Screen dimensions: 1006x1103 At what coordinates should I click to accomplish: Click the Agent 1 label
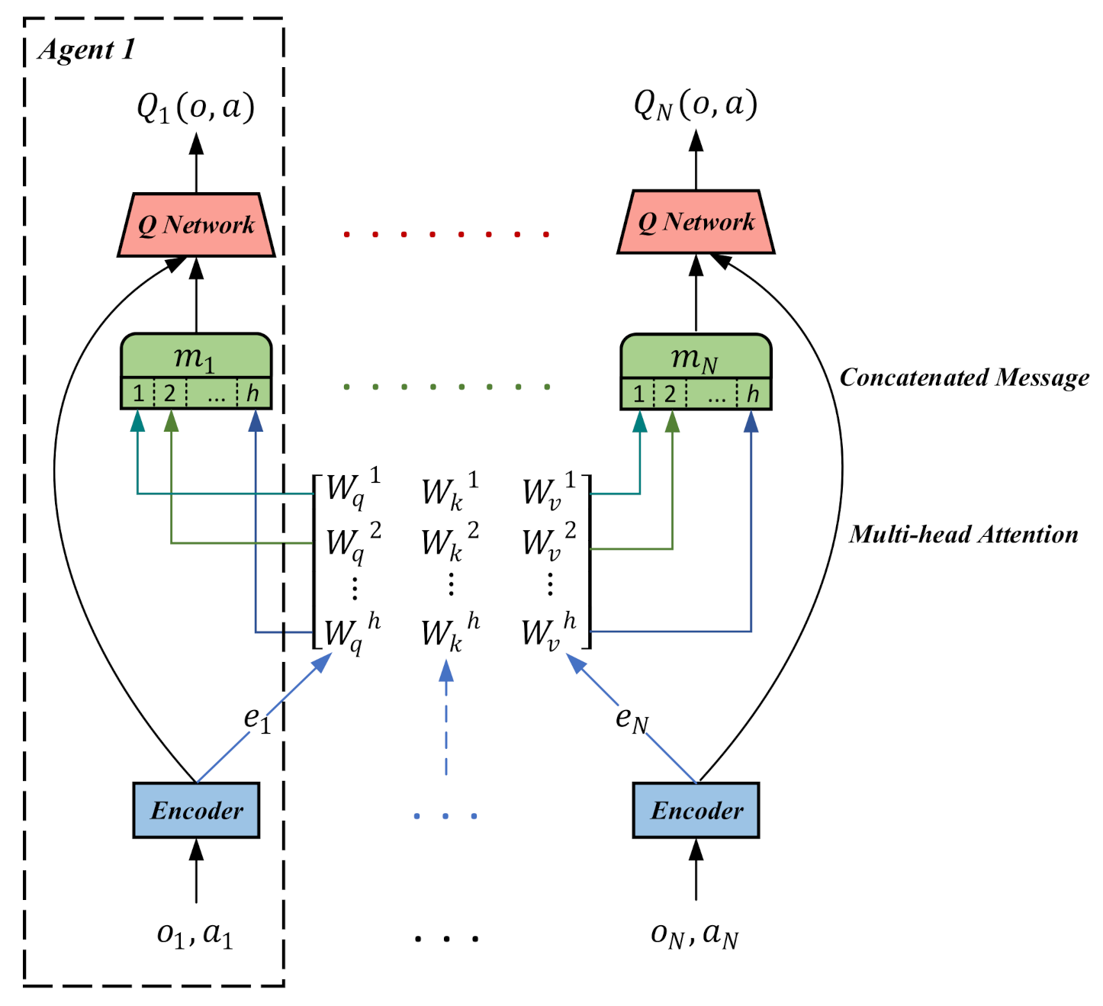(86, 50)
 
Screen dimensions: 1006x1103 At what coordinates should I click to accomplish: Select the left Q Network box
(196, 225)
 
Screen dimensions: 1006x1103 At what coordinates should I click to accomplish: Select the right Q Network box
(696, 222)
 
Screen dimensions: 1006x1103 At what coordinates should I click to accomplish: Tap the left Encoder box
(196, 810)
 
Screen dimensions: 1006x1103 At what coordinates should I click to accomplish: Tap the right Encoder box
(696, 810)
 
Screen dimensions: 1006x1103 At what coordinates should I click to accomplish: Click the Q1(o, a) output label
(195, 107)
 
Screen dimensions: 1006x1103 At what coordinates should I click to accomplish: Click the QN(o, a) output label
(695, 104)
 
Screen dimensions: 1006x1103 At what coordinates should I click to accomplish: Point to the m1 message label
(195, 357)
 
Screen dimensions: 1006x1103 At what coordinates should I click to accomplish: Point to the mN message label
(694, 357)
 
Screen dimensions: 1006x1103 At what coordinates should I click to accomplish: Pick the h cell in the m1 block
(252, 394)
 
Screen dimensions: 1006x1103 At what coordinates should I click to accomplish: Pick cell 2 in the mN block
(670, 394)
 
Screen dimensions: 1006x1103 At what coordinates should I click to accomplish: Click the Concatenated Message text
(964, 378)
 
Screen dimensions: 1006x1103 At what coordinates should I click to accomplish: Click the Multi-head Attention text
(963, 535)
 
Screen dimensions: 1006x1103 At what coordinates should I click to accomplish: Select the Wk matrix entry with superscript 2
(449, 542)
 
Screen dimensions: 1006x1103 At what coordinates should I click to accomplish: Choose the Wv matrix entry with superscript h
(548, 632)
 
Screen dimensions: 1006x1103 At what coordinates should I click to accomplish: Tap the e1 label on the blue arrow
(257, 718)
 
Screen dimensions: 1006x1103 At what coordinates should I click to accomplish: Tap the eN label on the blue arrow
(632, 718)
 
